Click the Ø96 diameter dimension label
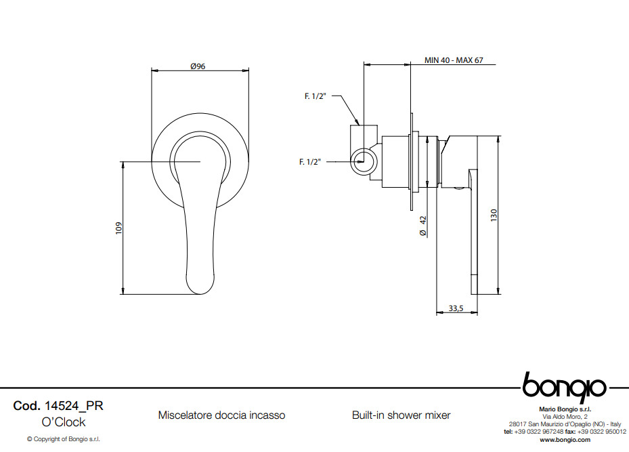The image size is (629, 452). click(198, 66)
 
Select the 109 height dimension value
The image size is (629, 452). click(118, 228)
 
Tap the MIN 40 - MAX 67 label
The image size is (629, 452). click(454, 60)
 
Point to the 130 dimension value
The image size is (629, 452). click(494, 215)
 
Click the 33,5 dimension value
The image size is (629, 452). click(456, 308)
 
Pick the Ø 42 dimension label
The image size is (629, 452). click(422, 226)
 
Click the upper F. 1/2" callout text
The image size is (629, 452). click(316, 96)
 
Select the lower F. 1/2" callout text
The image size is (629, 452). click(310, 162)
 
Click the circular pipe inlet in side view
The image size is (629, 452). click(364, 161)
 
